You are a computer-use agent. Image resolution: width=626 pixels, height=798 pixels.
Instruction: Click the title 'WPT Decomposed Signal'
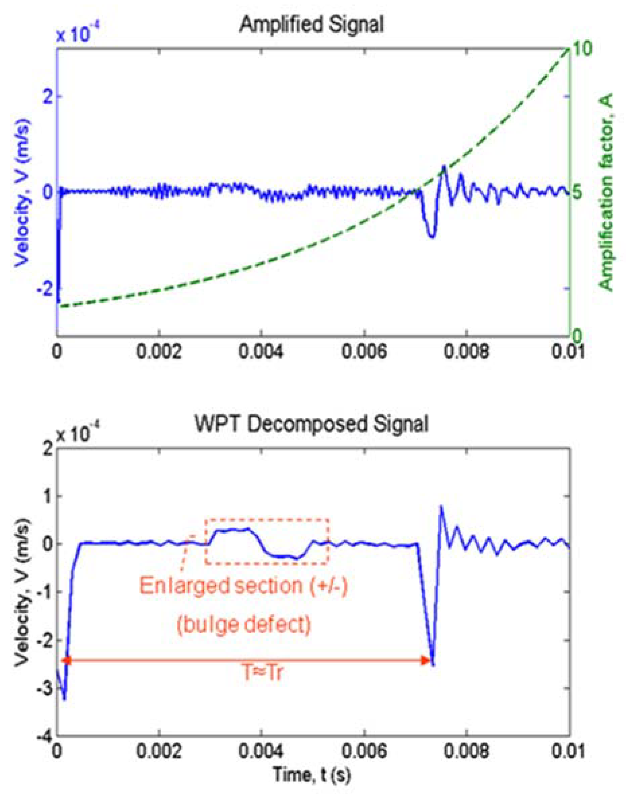pos(311,424)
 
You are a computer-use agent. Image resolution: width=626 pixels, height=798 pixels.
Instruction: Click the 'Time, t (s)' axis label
pos(312,775)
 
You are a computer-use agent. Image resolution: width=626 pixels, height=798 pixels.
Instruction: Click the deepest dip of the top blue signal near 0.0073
pos(432,237)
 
